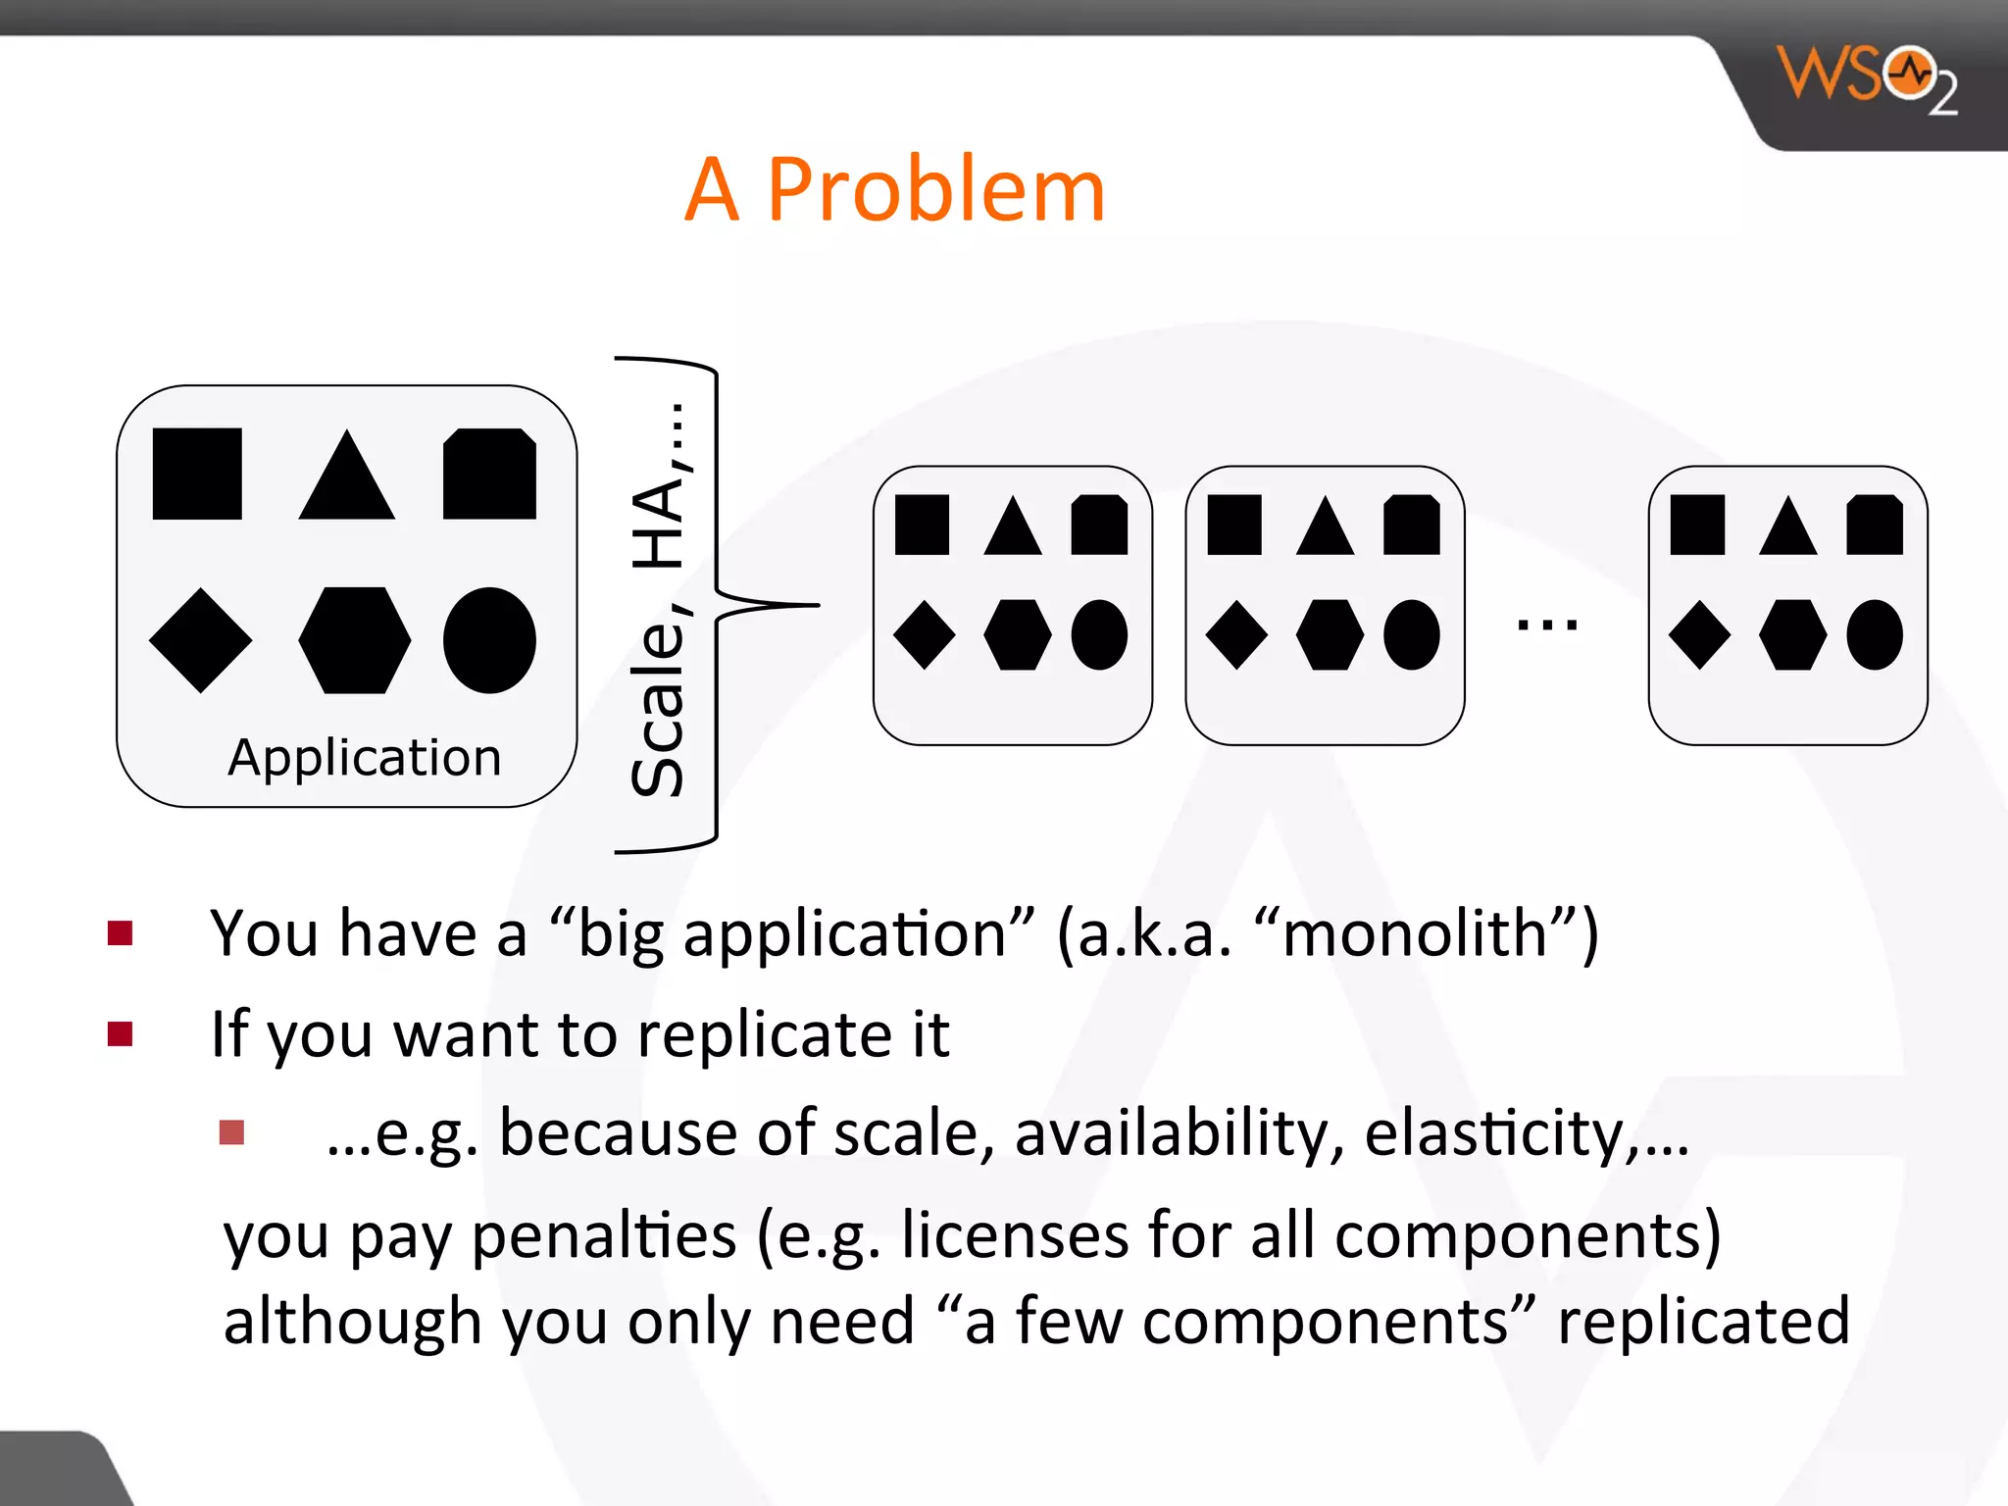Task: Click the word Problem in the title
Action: pyautogui.click(x=935, y=190)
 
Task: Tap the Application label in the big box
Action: pyautogui.click(x=364, y=758)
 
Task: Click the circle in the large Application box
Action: pyautogui.click(x=489, y=640)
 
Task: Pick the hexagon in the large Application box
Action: pyautogui.click(x=354, y=640)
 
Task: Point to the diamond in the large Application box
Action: pyautogui.click(x=200, y=640)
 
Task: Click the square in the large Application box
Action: pyautogui.click(x=197, y=474)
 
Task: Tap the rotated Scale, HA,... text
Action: pyautogui.click(x=659, y=600)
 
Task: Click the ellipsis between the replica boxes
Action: pyautogui.click(x=1546, y=624)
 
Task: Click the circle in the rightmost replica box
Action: pyautogui.click(x=1874, y=634)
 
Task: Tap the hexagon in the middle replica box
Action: pyautogui.click(x=1329, y=634)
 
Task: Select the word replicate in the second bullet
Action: pyautogui.click(x=763, y=1035)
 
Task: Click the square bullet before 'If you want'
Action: pyautogui.click(x=120, y=1033)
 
